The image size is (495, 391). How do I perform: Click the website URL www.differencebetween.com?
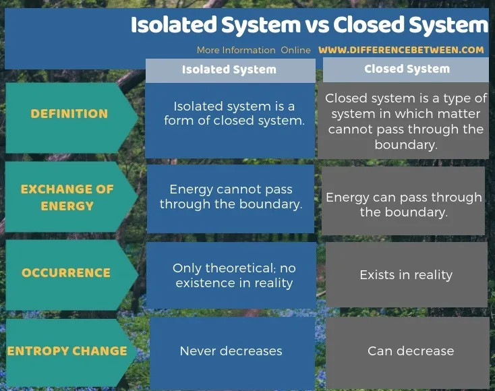click(x=401, y=50)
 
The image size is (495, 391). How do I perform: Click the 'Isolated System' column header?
click(x=229, y=69)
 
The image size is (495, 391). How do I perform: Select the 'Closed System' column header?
click(x=407, y=69)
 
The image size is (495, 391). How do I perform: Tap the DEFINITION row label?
click(x=69, y=114)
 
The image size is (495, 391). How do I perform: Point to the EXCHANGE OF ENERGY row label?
click(x=67, y=197)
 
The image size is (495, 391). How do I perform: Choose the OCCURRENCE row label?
click(x=66, y=273)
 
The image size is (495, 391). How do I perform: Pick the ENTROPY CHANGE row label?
click(x=67, y=351)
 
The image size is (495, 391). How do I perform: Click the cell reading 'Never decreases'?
click(x=231, y=351)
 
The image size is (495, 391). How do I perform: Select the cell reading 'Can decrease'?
click(x=410, y=351)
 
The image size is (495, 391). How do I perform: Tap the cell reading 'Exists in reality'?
click(x=406, y=275)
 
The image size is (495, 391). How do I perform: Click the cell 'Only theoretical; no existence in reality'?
click(x=234, y=275)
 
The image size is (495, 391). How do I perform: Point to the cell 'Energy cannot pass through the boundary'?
click(x=231, y=197)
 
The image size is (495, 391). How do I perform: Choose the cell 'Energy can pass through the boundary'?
click(x=404, y=204)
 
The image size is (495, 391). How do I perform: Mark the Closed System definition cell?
click(x=406, y=121)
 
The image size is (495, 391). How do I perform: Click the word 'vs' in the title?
click(x=316, y=25)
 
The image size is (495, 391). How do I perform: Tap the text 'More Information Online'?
click(x=254, y=50)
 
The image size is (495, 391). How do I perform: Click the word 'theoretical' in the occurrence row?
click(x=236, y=268)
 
